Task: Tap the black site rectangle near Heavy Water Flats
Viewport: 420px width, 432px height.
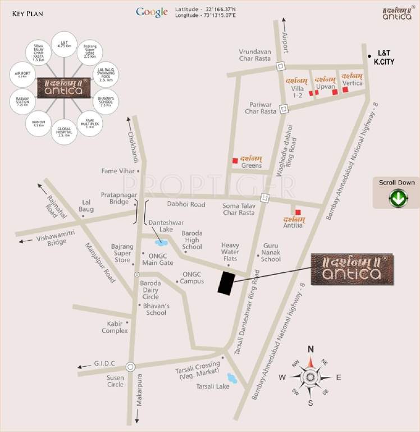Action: point(226,282)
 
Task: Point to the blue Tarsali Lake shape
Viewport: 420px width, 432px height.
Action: point(231,379)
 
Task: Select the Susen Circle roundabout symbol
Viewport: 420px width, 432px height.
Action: point(130,367)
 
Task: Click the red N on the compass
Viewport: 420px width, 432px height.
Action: point(311,349)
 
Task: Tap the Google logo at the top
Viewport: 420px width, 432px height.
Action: point(152,12)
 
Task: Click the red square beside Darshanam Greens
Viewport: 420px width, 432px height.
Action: point(235,161)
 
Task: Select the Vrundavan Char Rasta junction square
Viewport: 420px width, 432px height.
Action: point(280,67)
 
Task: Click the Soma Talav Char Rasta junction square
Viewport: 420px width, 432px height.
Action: point(264,197)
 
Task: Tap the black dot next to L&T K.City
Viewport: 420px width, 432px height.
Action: point(368,56)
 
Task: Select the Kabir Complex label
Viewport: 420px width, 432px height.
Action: point(115,327)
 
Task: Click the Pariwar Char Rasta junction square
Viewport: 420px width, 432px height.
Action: point(284,109)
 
